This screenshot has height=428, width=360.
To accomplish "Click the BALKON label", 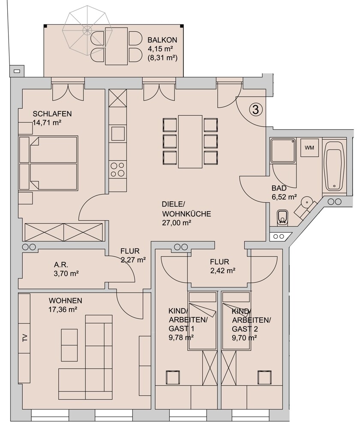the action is (x=162, y=40).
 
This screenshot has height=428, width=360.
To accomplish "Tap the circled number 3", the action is (x=256, y=109).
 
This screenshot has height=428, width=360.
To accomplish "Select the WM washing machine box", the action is (x=309, y=148).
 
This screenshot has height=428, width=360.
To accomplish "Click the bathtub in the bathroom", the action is (x=334, y=166).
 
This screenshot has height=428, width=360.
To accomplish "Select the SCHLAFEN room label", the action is (x=52, y=114).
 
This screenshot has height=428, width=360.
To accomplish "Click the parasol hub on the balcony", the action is (x=87, y=29).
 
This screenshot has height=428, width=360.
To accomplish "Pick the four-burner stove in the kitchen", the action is (x=118, y=169).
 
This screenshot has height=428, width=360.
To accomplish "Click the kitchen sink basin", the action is (x=118, y=134).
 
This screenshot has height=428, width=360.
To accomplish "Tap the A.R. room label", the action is (x=61, y=264).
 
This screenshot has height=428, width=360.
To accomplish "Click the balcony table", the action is (x=117, y=46).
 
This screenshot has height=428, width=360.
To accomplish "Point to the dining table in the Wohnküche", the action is (x=190, y=141).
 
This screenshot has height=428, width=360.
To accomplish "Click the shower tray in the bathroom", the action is (x=283, y=151).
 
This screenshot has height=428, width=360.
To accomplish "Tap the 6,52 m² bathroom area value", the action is (x=284, y=197).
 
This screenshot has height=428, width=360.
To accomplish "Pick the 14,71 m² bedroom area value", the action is (x=47, y=123).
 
